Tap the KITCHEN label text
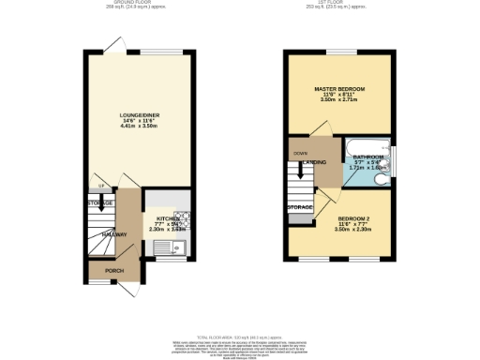(155, 217)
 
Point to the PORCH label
(113, 271)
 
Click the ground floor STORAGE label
(100, 203)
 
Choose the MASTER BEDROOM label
(338, 87)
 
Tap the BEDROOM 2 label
(354, 219)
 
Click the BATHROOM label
(367, 157)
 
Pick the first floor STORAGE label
(300, 206)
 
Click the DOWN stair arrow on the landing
(300, 152)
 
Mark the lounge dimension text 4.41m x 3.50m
(141, 127)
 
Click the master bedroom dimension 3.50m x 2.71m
(338, 98)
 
